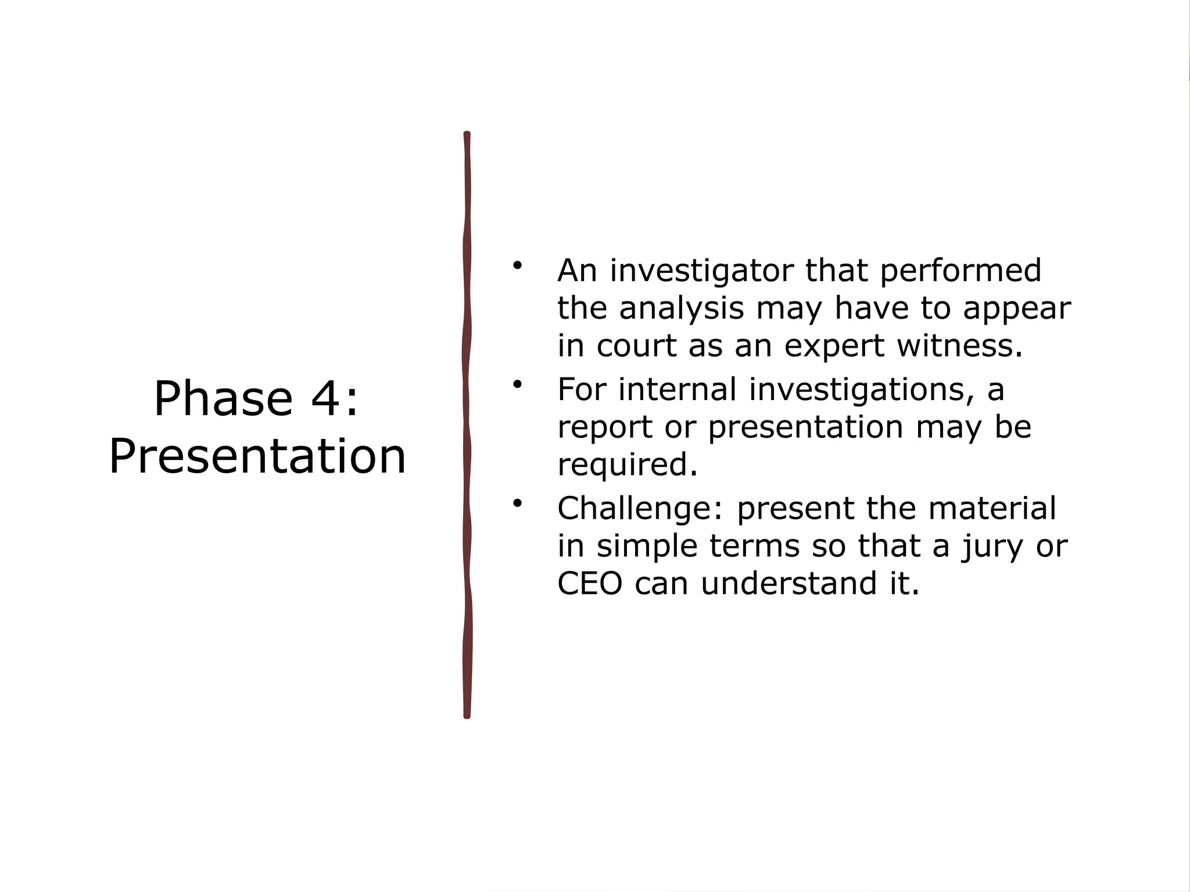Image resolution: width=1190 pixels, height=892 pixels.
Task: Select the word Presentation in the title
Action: coord(257,456)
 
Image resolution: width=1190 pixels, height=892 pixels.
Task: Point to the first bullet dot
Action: coord(517,266)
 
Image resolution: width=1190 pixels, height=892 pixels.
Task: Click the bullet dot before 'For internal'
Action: coord(517,384)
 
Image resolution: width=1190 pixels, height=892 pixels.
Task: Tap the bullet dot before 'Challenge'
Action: coord(517,503)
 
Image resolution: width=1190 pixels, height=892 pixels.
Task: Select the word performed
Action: coord(960,271)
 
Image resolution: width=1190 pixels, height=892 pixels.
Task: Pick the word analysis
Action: coord(681,308)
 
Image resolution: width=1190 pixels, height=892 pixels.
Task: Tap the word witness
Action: coord(959,346)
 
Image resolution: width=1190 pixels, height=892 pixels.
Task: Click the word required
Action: coord(627,465)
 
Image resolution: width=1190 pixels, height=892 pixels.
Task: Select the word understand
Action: coord(788,584)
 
